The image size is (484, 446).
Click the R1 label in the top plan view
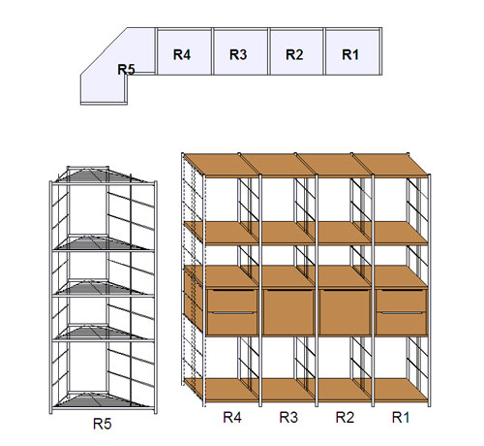point(350,54)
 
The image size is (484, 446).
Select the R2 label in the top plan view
point(294,54)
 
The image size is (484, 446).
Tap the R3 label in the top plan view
point(238,54)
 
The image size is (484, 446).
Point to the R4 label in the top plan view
point(182,54)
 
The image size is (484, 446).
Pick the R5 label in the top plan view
point(126,69)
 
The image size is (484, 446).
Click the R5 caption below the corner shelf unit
point(103,424)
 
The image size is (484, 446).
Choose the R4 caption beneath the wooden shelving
point(232,417)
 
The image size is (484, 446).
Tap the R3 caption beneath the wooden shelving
point(288,417)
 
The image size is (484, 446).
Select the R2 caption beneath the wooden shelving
point(345,417)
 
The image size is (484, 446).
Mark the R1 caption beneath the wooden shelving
point(401,417)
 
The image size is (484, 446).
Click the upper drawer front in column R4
point(232,301)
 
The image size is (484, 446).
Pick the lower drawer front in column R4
point(232,323)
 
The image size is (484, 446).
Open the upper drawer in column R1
point(402,301)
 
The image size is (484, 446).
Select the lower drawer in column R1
point(402,323)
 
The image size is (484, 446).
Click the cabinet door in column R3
point(288,312)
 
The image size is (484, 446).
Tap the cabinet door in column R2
point(345,312)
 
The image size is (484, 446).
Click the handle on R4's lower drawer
point(232,313)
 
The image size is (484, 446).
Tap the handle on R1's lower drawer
point(402,313)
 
